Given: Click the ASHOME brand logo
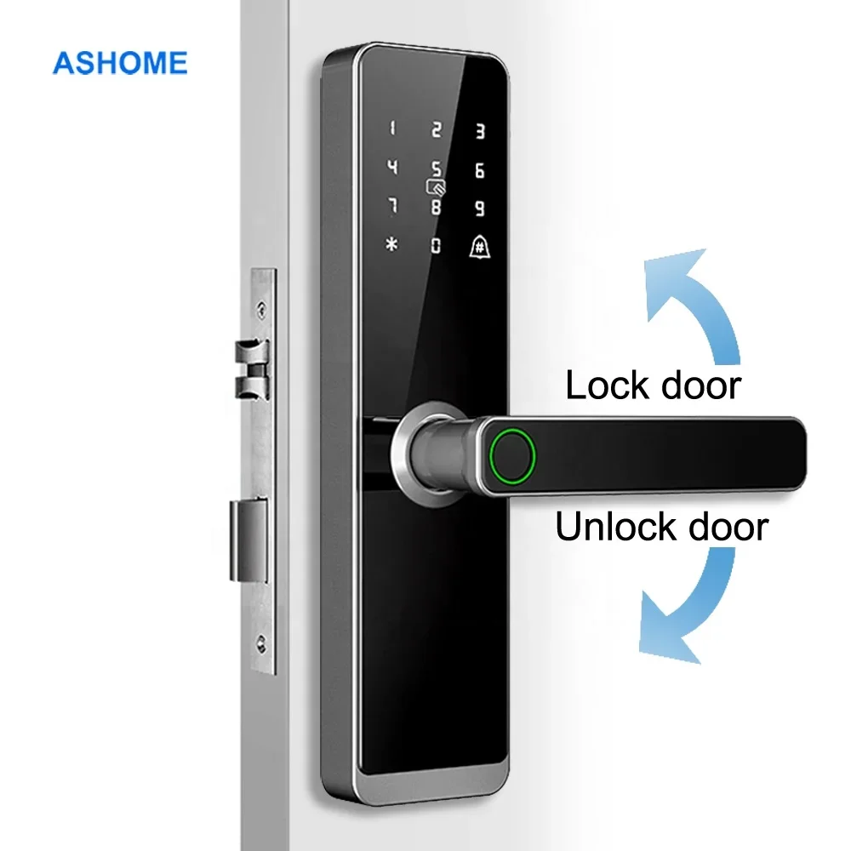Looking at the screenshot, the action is pos(120,63).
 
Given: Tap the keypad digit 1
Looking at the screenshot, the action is pos(392,129).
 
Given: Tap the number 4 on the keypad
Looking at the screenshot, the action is pos(392,167).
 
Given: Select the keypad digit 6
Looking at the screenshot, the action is pos(479,170).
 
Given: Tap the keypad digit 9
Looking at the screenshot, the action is pos(479,208).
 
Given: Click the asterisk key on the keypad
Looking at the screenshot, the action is pos(391,245).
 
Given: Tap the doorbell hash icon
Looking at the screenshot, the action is pos(479,247).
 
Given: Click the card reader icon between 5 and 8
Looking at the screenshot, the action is pos(436,187).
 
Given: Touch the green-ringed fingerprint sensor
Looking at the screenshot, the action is pos(512,456).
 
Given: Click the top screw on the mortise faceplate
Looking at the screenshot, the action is pos(262,310).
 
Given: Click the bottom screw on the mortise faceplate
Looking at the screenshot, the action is pos(262,643).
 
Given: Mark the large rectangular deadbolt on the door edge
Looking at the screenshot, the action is pos(248,541).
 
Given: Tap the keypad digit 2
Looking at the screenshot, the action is pos(437,129).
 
